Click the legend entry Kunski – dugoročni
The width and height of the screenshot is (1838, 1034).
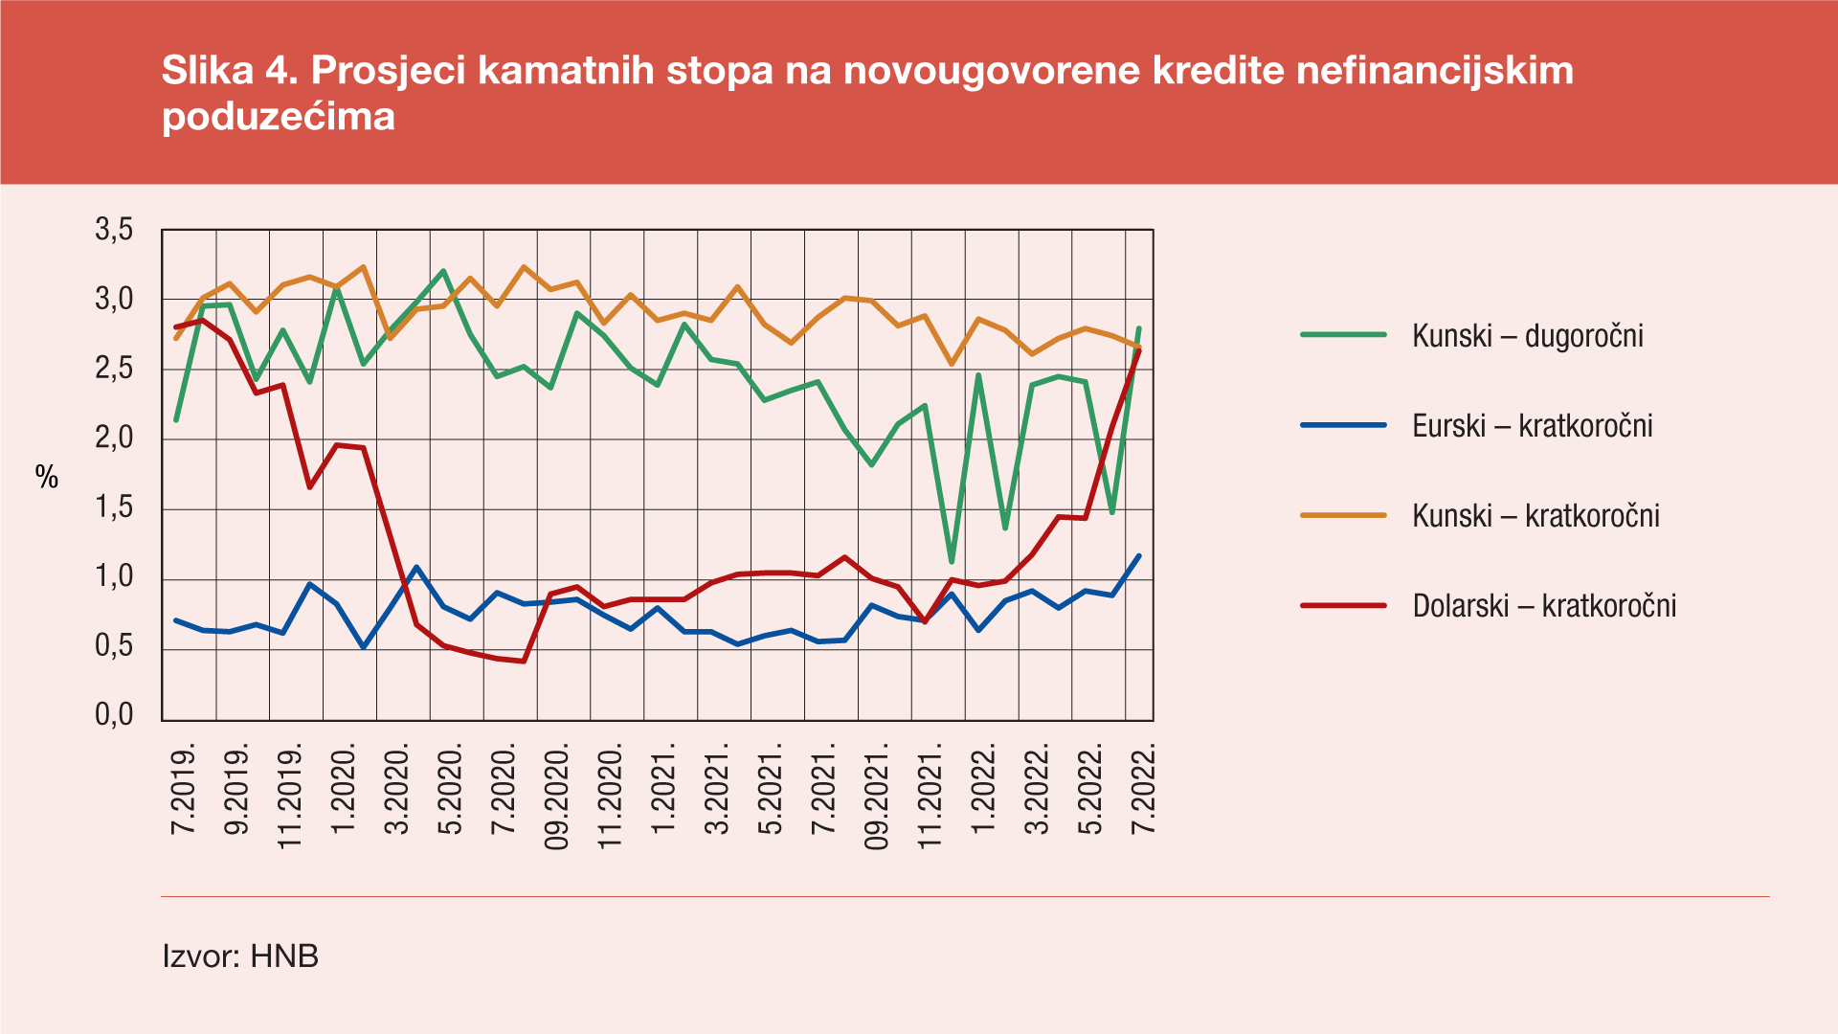coord(1527,336)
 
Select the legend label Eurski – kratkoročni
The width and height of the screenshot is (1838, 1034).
coord(1532,426)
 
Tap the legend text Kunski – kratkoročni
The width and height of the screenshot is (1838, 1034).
coord(1535,516)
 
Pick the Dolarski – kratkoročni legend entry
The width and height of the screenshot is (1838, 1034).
coord(1544,606)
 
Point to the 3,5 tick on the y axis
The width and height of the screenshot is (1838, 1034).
coord(114,231)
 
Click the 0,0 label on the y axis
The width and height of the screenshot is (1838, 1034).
coord(114,715)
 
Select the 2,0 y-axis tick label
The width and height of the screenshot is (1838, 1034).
coord(114,438)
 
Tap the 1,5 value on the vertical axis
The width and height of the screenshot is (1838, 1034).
coord(114,508)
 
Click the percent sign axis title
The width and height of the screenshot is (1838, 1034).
coord(47,477)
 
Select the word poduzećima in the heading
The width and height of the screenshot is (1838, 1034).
coord(279,117)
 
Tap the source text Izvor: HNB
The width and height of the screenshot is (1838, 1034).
coord(240,955)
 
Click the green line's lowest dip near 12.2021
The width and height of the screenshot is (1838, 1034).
coord(951,562)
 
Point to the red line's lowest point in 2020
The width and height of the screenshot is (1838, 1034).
coord(524,661)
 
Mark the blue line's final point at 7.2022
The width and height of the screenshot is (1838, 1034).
coord(1138,555)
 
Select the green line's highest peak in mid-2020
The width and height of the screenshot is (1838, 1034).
coord(443,271)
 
